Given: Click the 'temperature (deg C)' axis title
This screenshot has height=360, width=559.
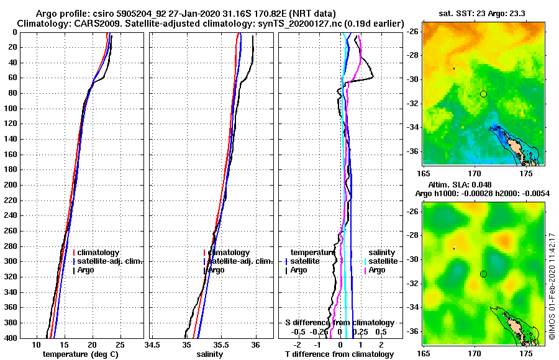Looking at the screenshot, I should pos(80,354).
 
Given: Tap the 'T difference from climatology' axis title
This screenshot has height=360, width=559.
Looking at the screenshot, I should pos(339,354).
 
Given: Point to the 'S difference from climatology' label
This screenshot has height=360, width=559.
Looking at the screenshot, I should pos(339,323).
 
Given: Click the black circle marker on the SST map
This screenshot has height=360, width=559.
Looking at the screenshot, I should pos(483,94).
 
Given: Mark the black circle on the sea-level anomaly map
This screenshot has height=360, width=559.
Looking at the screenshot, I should pos(483,274).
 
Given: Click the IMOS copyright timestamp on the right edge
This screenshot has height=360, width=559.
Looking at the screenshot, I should pos(551,286).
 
